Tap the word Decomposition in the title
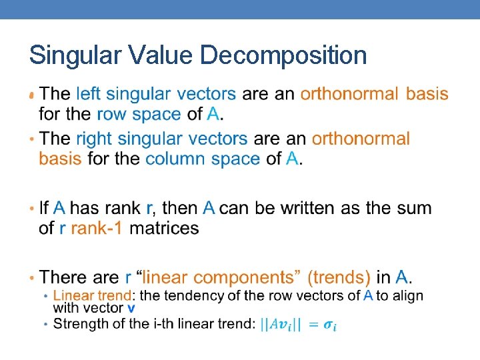point(283,55)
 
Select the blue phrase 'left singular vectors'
point(156,94)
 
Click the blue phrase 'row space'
point(139,114)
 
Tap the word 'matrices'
point(164,228)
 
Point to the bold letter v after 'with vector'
point(131,308)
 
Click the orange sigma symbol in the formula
point(330,325)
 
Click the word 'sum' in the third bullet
point(414,208)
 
